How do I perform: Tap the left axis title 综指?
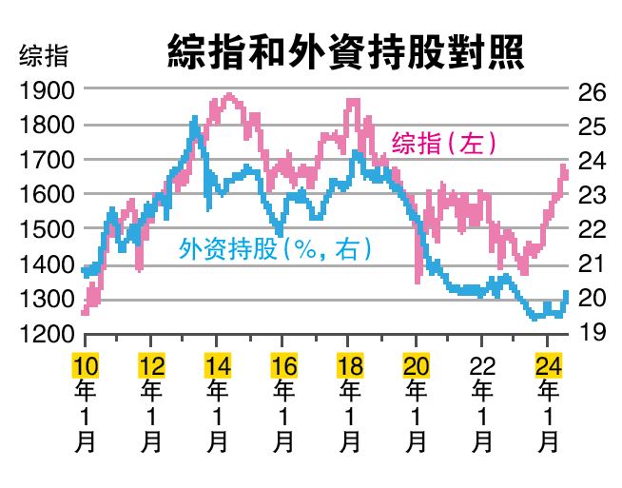44,55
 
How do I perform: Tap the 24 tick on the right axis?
592,161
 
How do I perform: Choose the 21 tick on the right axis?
592,264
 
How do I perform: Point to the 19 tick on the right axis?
592,332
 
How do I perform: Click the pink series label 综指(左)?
445,144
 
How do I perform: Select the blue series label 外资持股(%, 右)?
276,249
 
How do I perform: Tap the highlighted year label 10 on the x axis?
86,365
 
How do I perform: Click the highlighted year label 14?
217,365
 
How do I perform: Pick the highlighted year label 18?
349,365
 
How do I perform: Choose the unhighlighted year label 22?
482,365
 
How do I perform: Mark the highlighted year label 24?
548,365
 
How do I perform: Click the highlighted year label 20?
416,365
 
